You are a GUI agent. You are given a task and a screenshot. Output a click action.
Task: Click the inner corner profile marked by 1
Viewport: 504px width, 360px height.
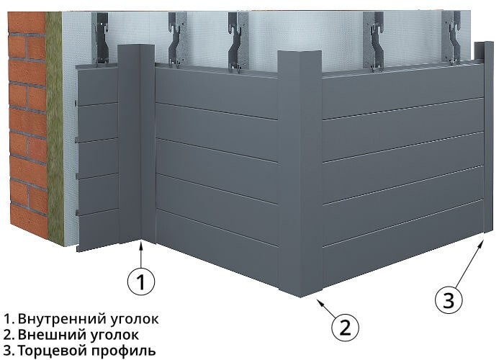136,144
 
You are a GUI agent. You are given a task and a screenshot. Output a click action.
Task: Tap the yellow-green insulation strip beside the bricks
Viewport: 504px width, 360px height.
57,130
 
